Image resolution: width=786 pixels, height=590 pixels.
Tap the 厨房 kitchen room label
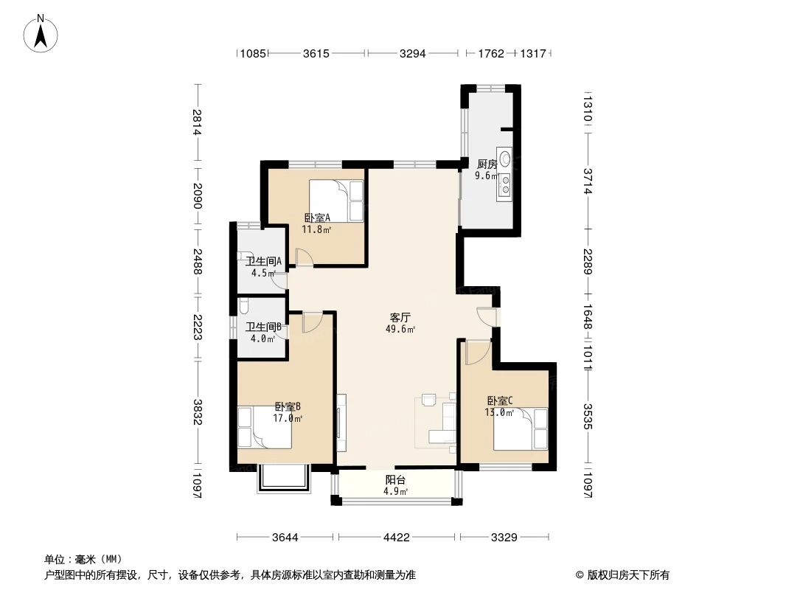pyautogui.click(x=487, y=164)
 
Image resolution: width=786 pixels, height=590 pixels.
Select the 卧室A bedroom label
pyautogui.click(x=317, y=218)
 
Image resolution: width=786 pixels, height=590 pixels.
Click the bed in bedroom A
pyautogui.click(x=336, y=200)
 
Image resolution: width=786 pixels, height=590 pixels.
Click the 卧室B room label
pyautogui.click(x=288, y=406)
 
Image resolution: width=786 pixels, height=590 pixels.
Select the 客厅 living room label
pyautogui.click(x=400, y=317)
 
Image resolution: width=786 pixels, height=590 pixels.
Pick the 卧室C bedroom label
pyautogui.click(x=499, y=400)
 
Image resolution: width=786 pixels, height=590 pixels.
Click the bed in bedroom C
pyautogui.click(x=521, y=428)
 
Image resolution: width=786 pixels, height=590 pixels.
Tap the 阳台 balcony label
pyautogui.click(x=394, y=479)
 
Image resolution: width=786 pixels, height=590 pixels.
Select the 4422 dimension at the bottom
pyautogui.click(x=396, y=538)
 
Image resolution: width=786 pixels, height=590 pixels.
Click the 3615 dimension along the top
pyautogui.click(x=316, y=53)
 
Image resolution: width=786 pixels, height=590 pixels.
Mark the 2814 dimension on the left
pyautogui.click(x=197, y=122)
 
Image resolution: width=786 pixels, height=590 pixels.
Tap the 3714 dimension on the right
pyautogui.click(x=588, y=181)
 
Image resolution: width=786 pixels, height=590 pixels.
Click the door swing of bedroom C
pyautogui.click(x=476, y=352)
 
